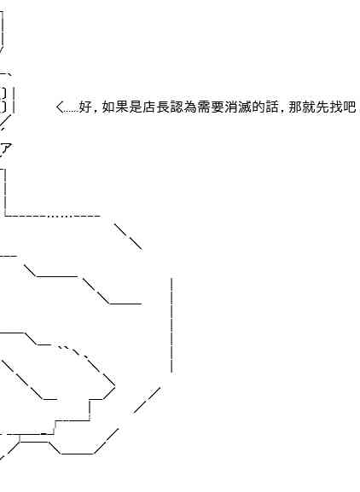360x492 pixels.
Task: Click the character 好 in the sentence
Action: [x=84, y=107]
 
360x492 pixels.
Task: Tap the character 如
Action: [x=108, y=107]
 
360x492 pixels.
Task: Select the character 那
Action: [x=295, y=107]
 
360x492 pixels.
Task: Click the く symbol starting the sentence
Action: [x=60, y=107]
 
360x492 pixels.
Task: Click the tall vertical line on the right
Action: [x=171, y=325]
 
